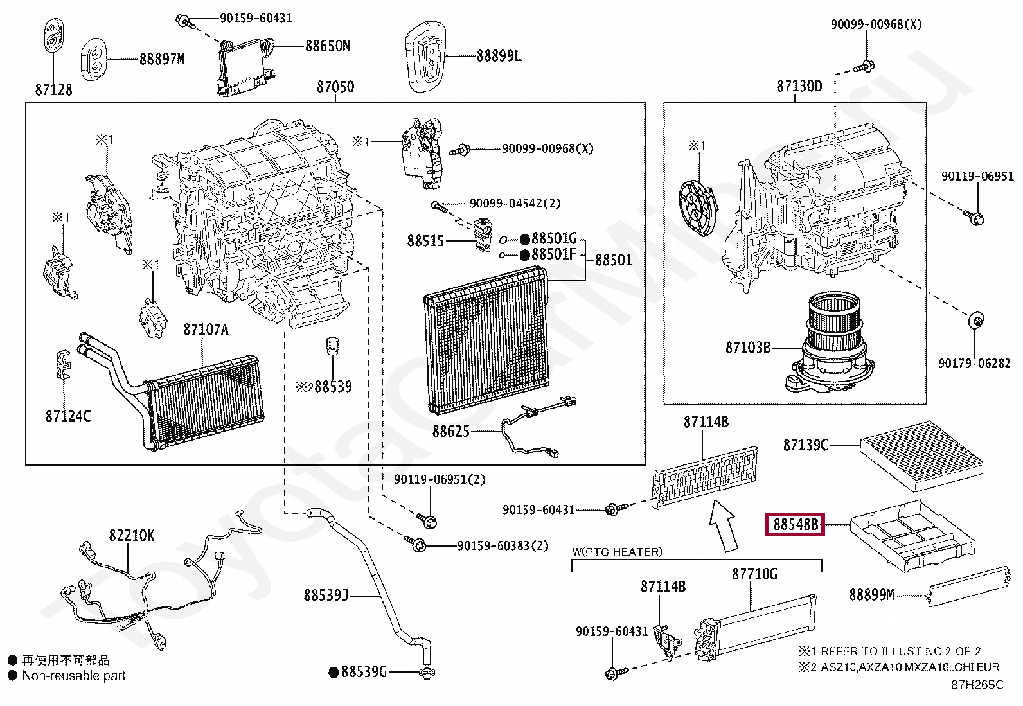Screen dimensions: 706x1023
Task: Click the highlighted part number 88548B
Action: click(x=796, y=525)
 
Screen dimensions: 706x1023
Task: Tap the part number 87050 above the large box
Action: click(x=335, y=87)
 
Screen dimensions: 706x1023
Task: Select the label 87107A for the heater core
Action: click(x=206, y=330)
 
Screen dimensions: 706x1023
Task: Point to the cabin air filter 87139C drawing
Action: click(x=921, y=454)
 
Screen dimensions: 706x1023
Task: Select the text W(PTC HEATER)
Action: click(x=617, y=552)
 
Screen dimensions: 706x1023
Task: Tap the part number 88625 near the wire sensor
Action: click(x=450, y=431)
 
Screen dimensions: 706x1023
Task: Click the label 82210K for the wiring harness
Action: click(x=131, y=536)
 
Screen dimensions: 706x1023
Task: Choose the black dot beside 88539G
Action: click(x=334, y=673)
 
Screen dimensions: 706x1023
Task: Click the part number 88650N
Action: click(x=327, y=46)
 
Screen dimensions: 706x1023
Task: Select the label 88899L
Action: click(x=499, y=56)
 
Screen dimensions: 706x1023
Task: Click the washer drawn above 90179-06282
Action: click(x=976, y=319)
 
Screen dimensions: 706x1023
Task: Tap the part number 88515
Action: click(x=425, y=241)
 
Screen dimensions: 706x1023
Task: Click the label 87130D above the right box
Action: click(x=799, y=86)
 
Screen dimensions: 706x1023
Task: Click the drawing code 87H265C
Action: click(x=977, y=685)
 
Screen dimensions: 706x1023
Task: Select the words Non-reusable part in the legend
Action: click(x=74, y=676)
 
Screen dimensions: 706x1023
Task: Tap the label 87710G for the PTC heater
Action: click(x=754, y=574)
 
